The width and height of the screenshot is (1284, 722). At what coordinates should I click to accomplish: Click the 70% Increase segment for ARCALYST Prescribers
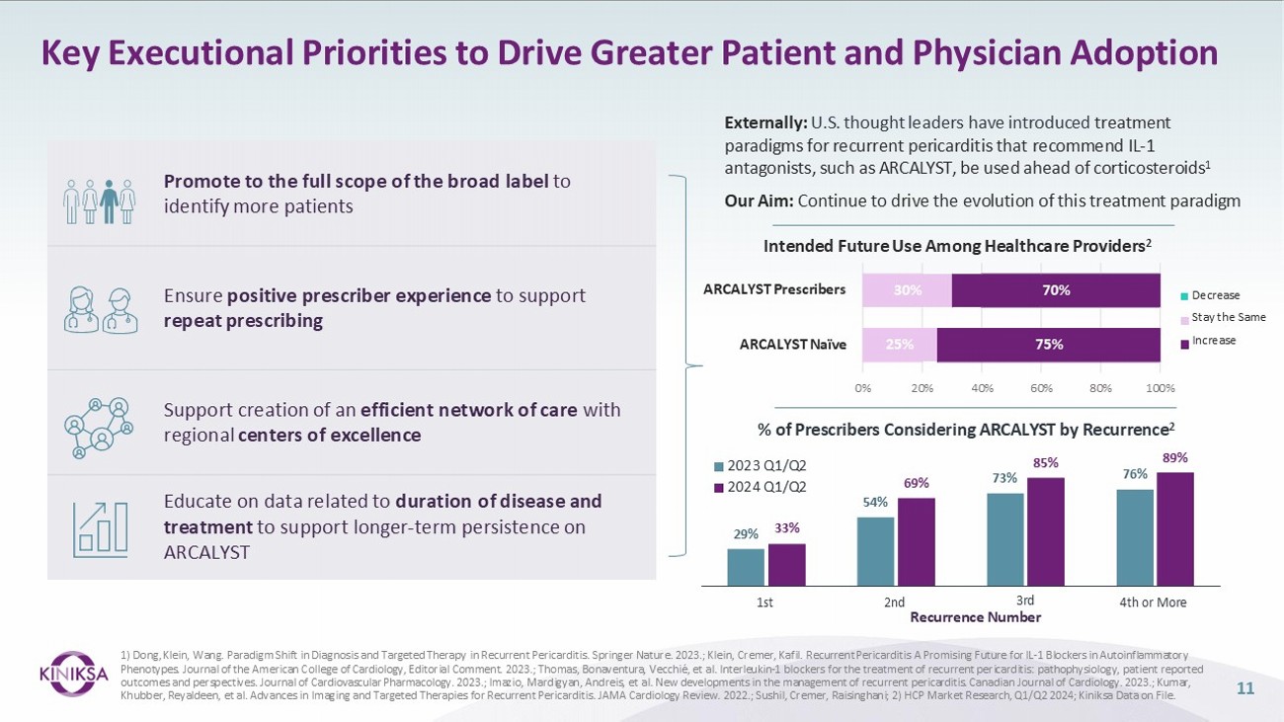[1055, 290]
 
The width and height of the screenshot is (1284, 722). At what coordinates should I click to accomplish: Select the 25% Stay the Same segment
[899, 345]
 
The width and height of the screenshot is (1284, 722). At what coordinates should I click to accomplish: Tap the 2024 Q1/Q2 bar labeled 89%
[1175, 528]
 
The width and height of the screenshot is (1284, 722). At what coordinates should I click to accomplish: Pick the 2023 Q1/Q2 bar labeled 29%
[746, 567]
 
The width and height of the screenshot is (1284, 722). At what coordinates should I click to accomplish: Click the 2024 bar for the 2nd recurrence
[916, 541]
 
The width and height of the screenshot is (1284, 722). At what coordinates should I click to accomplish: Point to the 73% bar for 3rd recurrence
[1005, 538]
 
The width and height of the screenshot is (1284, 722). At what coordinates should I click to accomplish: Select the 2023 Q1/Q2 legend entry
[759, 464]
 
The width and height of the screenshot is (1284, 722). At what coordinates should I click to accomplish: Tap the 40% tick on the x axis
[982, 387]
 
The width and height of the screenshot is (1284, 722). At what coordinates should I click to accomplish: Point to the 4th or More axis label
[1154, 602]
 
